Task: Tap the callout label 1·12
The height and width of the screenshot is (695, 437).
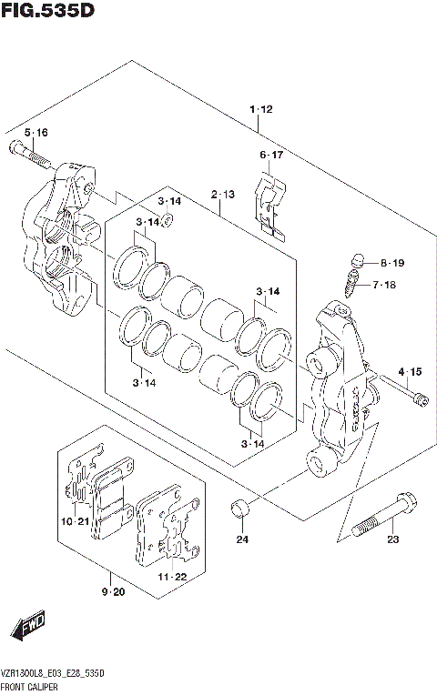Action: (260, 109)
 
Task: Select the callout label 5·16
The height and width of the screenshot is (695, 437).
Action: (36, 133)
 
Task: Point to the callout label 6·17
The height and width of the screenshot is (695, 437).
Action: (271, 155)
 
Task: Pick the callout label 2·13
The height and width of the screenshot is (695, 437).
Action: (222, 195)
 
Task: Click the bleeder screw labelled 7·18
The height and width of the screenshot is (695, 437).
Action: (355, 284)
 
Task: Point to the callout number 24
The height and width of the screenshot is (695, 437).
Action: (241, 541)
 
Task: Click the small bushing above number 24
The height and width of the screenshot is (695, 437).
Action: (239, 508)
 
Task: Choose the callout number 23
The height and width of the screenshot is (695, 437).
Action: (392, 541)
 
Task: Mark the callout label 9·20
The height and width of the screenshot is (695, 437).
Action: (113, 593)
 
